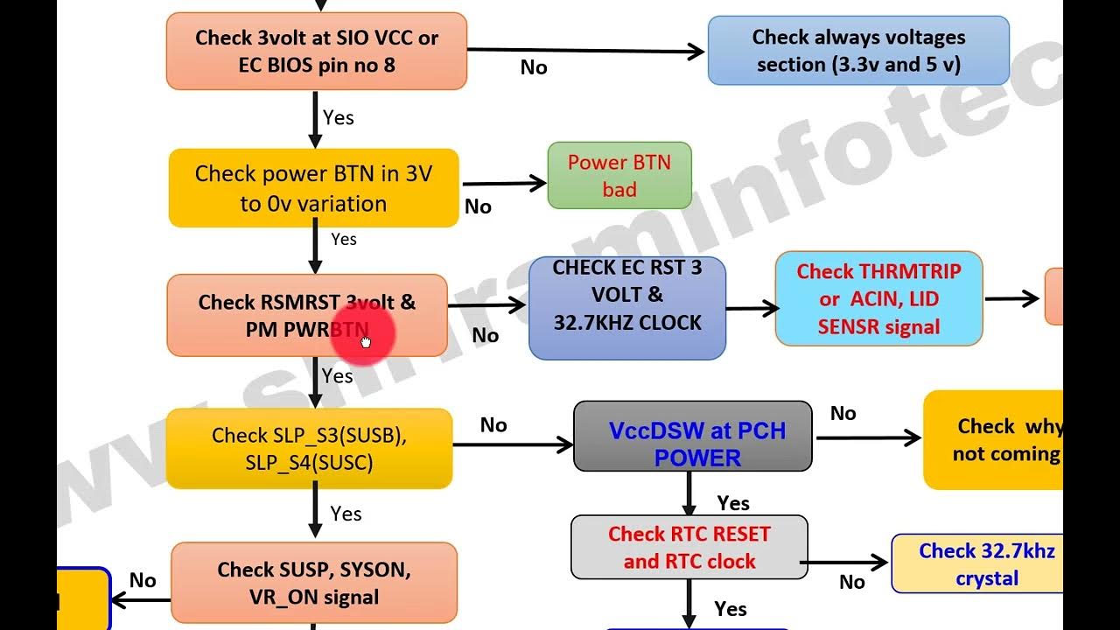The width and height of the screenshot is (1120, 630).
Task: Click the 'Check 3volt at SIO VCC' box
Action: tap(316, 51)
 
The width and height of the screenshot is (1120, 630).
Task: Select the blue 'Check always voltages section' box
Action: tap(857, 51)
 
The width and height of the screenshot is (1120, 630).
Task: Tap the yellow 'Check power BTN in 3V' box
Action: tap(313, 188)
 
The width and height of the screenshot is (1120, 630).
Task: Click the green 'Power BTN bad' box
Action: tap(619, 175)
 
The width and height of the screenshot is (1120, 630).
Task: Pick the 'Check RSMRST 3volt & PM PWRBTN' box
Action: tap(306, 315)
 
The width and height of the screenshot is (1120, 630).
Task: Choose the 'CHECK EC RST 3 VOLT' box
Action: tap(626, 308)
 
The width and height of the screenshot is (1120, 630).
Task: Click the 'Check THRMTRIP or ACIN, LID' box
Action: tap(878, 298)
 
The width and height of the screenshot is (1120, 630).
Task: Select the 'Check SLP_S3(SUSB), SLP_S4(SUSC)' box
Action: tap(309, 448)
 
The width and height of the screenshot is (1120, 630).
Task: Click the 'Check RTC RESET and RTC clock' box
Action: tap(689, 547)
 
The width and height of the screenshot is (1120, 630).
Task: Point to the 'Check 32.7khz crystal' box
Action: tap(985, 563)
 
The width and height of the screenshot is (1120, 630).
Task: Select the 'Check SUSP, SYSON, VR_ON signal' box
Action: tap(313, 583)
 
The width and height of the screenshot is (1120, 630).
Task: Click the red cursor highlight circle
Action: tap(364, 334)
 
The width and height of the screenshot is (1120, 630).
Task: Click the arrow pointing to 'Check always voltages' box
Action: tap(586, 52)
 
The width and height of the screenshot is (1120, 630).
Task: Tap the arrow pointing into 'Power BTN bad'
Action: tap(505, 184)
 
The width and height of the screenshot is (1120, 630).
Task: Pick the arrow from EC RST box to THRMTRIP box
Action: tap(751, 308)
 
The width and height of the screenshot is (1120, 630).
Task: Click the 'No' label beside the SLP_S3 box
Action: tap(493, 424)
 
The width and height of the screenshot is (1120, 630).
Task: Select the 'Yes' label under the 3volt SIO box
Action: tap(338, 117)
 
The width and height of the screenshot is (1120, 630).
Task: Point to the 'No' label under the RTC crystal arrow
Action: tap(851, 582)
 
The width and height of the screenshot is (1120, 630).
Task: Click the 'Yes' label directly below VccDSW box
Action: tap(732, 503)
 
